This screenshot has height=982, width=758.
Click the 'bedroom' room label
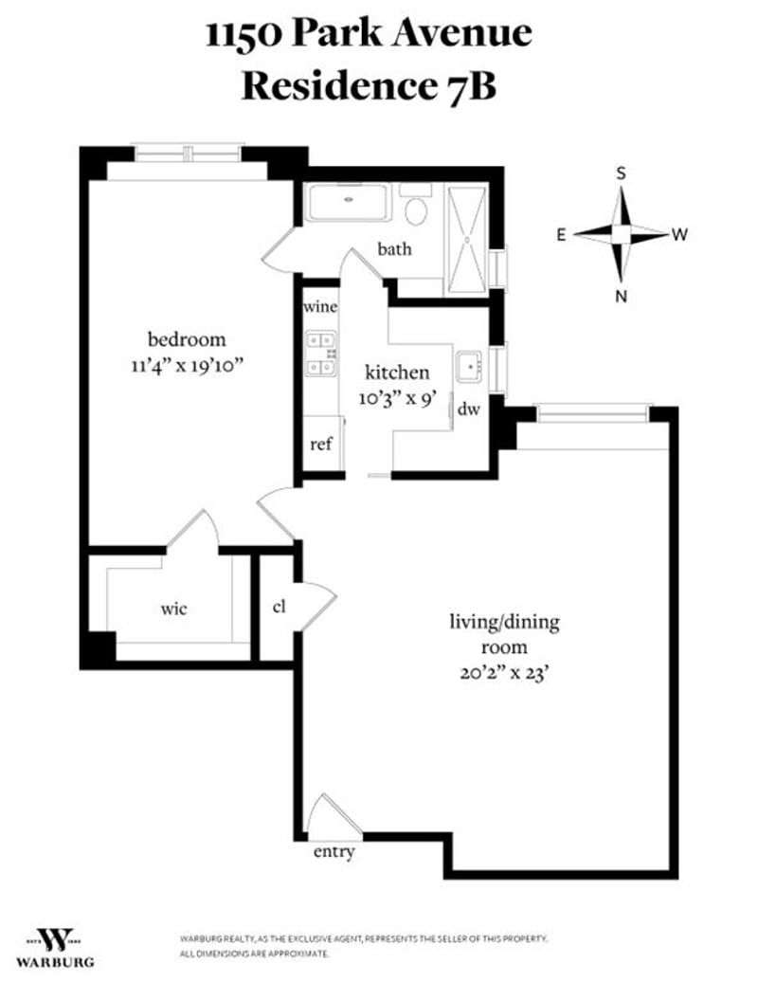pos(187,339)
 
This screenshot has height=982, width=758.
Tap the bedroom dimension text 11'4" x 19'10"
pos(187,365)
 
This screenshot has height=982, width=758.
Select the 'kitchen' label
pos(397,373)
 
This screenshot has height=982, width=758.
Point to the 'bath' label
pos(394,249)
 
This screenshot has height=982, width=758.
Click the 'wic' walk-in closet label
pos(173,609)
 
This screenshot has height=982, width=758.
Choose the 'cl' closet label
pos(280,607)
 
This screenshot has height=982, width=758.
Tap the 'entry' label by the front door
pos(334,852)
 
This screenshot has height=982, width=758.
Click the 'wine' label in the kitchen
pos(320,307)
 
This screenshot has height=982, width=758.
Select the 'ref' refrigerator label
pos(320,444)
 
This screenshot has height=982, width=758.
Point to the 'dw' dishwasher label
pos(469,409)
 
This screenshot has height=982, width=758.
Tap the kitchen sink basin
pos(469,367)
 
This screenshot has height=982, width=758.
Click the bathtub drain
pos(349,200)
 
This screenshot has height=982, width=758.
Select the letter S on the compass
pos(621,173)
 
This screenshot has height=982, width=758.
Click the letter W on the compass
pos(679,235)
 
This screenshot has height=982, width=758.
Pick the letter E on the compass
pos(562,235)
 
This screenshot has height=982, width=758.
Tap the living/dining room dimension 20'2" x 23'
pos(504,673)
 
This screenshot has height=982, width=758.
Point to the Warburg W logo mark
pos(54,939)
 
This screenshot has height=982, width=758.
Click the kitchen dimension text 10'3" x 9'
pos(397,398)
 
